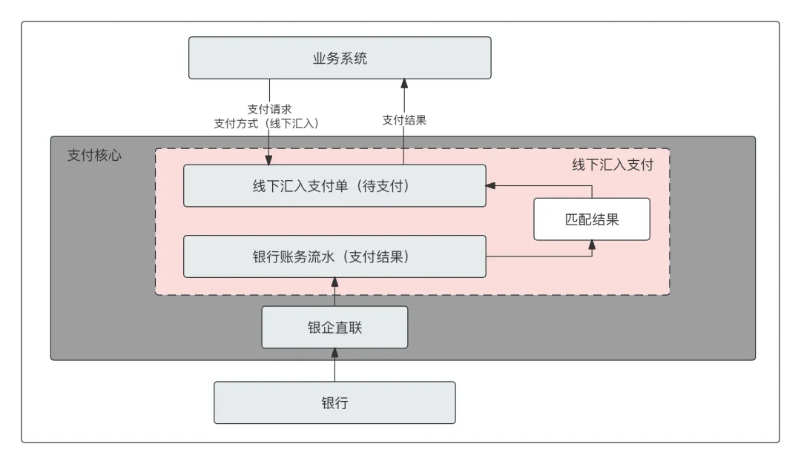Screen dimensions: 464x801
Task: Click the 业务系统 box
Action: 340,58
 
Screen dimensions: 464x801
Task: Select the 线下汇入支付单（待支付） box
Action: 334,186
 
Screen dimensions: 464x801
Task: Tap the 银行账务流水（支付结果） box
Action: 334,256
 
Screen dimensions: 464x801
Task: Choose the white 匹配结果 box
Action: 592,219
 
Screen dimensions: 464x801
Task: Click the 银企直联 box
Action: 334,327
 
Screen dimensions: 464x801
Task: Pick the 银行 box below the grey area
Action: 334,402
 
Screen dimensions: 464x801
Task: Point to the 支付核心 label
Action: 94,156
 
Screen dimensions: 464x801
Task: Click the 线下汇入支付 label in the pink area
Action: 612,165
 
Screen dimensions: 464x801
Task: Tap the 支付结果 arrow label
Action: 404,120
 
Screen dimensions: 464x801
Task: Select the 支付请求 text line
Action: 269,109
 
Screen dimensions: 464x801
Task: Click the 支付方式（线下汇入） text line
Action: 266,124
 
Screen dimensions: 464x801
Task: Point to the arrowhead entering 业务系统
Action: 404,84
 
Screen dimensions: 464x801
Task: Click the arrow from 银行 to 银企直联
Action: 334,367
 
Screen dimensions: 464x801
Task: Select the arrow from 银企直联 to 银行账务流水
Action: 334,293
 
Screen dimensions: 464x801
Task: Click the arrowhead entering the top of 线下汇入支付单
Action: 268,160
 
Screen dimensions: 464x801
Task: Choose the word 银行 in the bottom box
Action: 334,403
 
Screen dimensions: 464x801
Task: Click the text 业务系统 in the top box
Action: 340,59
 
